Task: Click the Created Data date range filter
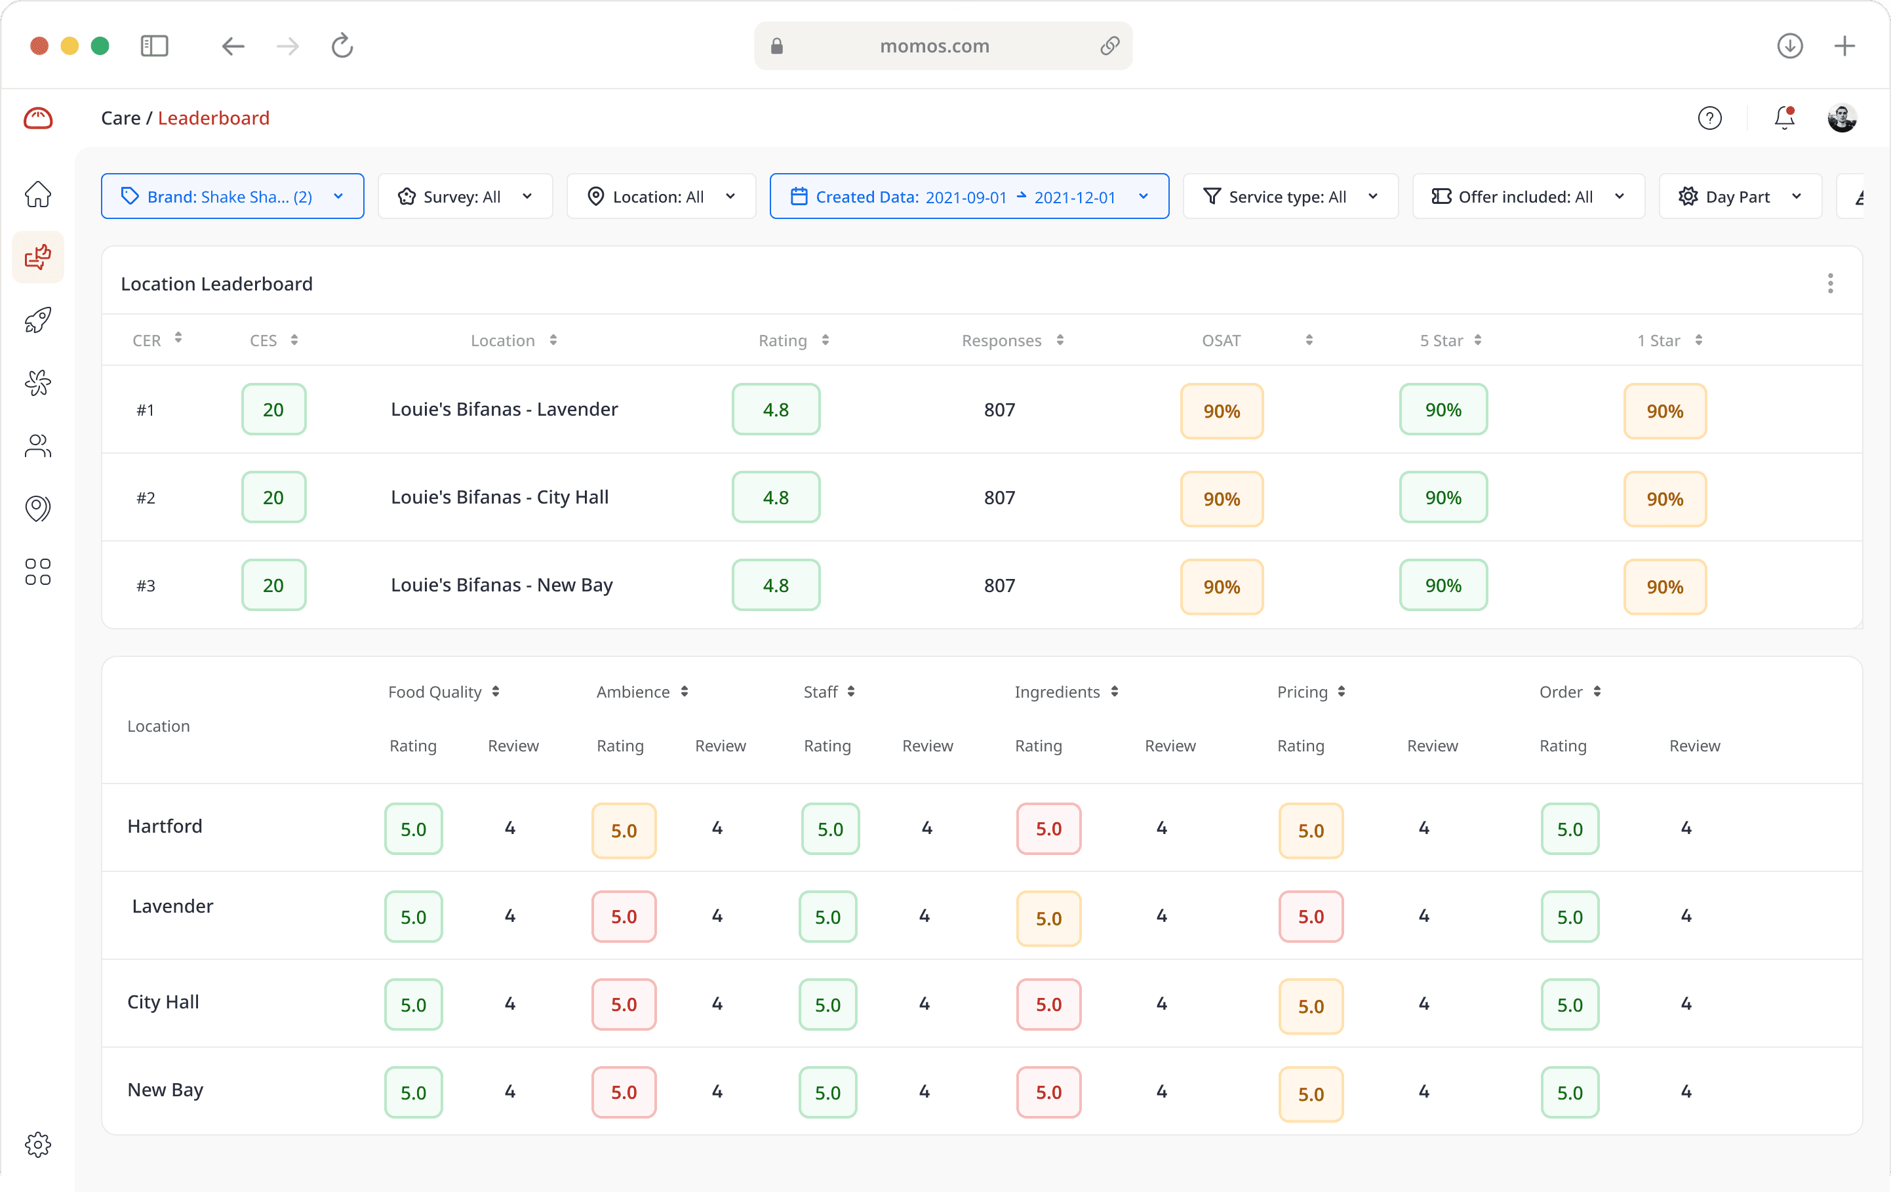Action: (968, 196)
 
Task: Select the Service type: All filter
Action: (1290, 196)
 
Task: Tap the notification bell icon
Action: (1784, 118)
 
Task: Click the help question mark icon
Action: (1709, 118)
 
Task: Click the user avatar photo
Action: (1842, 118)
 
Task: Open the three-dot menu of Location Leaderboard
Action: (1830, 283)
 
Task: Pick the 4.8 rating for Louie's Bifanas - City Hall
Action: (776, 497)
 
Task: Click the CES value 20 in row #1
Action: (273, 409)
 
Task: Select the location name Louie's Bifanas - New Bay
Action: (502, 585)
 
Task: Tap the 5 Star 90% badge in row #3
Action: (1443, 585)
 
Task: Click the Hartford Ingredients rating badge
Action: (1048, 828)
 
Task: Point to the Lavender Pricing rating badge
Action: (1311, 917)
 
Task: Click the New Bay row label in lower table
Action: (166, 1090)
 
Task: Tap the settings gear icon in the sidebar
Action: (37, 1144)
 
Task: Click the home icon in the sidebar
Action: (37, 194)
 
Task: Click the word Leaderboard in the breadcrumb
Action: (214, 118)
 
